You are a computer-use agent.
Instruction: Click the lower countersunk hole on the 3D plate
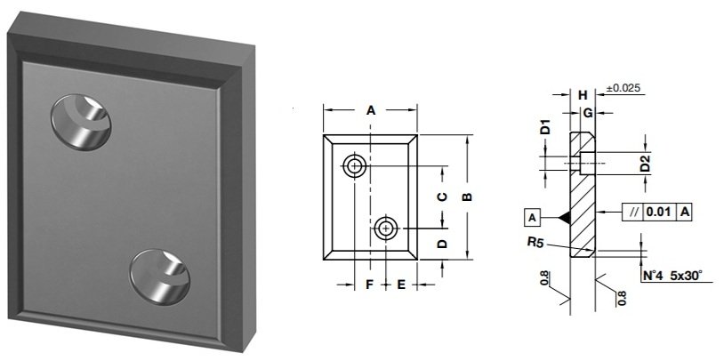click(x=161, y=277)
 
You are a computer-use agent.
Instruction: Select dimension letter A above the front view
click(x=371, y=110)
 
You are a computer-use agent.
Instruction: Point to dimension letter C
click(x=441, y=197)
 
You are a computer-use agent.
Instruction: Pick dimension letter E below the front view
click(x=401, y=285)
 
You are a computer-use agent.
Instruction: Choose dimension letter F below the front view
click(x=369, y=285)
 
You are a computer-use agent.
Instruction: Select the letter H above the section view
click(x=582, y=94)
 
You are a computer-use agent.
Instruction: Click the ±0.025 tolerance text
click(x=623, y=88)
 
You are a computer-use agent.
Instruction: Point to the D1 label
click(x=545, y=128)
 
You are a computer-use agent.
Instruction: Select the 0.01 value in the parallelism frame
click(x=657, y=212)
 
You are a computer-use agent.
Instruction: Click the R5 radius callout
click(x=534, y=241)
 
